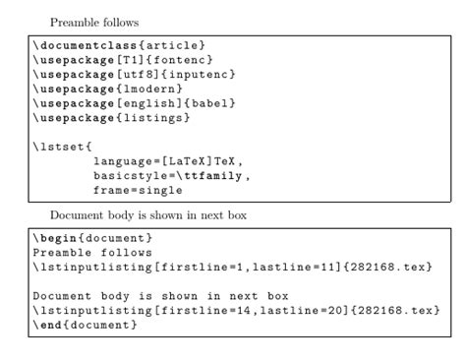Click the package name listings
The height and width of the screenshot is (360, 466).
pyautogui.click(x=156, y=119)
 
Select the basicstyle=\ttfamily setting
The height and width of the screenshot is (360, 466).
pyautogui.click(x=171, y=177)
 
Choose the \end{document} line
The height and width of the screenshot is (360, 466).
pyautogui.click(x=85, y=327)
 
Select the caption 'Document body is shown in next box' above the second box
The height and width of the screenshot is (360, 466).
pyautogui.click(x=155, y=213)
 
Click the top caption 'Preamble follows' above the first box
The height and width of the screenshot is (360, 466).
pyautogui.click(x=93, y=22)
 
